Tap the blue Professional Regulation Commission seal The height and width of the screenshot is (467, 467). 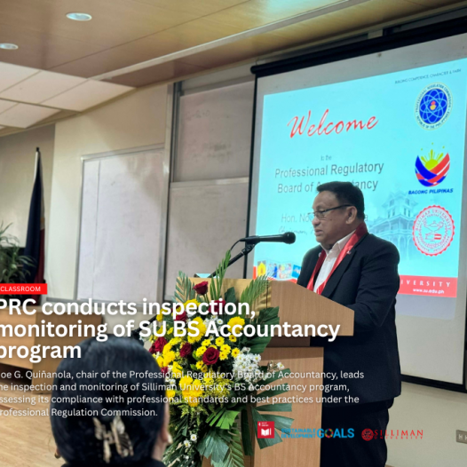(434, 106)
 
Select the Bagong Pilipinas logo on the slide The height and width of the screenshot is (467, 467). (433, 169)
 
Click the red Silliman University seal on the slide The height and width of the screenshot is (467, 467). (433, 230)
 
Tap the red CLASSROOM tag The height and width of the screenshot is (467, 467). (23, 289)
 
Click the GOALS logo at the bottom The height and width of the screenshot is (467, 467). (335, 433)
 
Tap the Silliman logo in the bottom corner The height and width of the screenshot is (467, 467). (392, 434)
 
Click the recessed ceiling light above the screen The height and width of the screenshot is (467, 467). (78, 16)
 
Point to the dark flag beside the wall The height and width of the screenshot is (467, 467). (35, 218)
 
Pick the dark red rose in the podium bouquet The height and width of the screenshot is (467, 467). (211, 354)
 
